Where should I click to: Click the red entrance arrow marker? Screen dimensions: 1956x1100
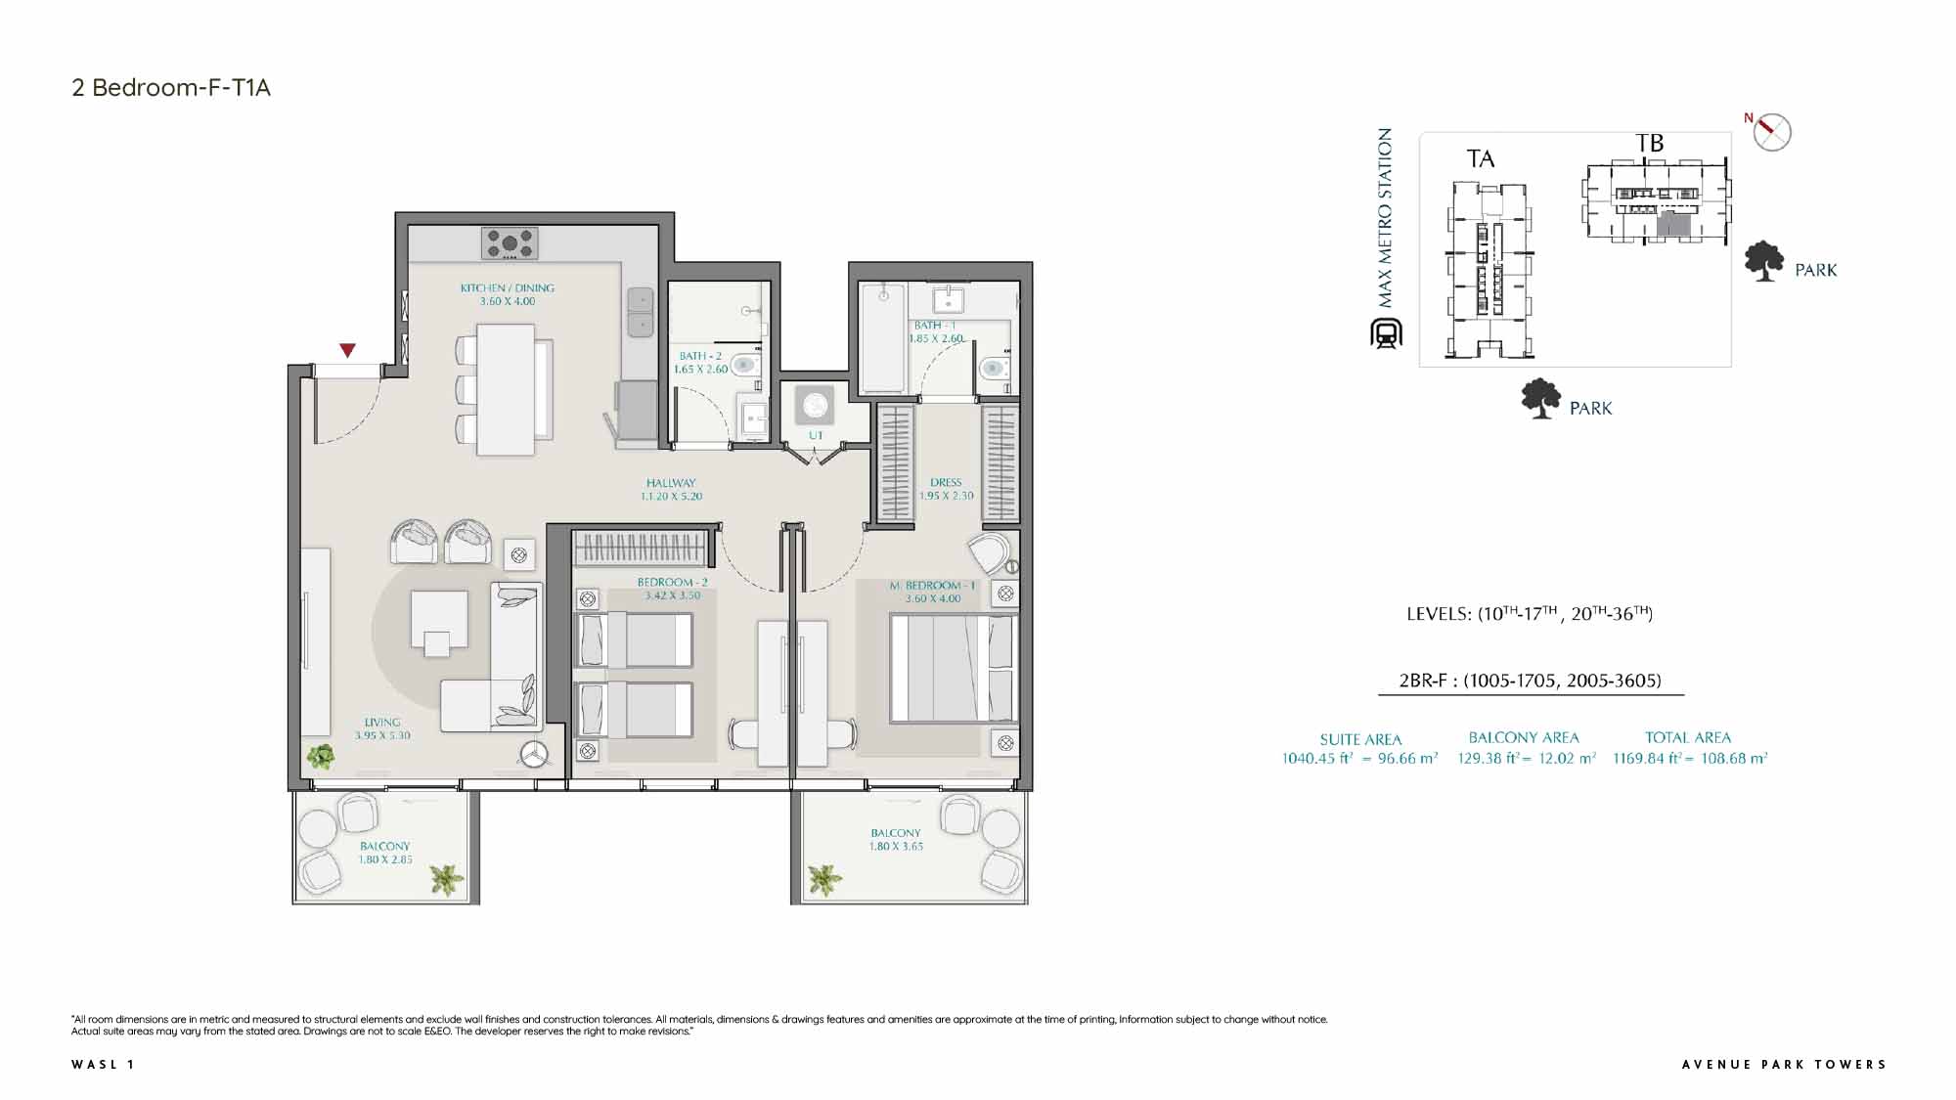(x=347, y=350)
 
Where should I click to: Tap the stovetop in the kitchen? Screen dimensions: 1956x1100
(x=510, y=243)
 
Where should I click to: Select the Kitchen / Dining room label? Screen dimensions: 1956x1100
(x=508, y=288)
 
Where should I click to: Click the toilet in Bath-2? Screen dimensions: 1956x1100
(x=743, y=365)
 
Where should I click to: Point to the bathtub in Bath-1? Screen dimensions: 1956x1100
(x=882, y=338)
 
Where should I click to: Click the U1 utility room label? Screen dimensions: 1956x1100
(x=816, y=435)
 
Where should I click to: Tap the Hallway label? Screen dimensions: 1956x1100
(x=671, y=483)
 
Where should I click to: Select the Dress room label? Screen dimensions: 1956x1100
(x=946, y=482)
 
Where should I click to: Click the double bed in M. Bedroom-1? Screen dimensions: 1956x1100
(x=954, y=668)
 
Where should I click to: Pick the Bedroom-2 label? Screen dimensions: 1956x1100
(x=672, y=582)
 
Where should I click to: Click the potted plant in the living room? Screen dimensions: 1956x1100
(x=320, y=756)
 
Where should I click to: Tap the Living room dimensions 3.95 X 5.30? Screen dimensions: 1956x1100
(x=382, y=735)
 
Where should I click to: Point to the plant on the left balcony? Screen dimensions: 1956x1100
(x=447, y=879)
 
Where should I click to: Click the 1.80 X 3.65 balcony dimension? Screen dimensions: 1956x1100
(x=896, y=847)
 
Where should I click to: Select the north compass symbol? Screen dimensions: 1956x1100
(x=1770, y=132)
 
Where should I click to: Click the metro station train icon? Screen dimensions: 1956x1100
(x=1386, y=333)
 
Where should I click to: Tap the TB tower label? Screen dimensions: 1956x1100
(x=1650, y=144)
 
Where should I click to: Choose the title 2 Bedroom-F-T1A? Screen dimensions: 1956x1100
(x=171, y=88)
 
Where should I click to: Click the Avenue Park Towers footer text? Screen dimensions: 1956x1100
(x=1784, y=1065)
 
